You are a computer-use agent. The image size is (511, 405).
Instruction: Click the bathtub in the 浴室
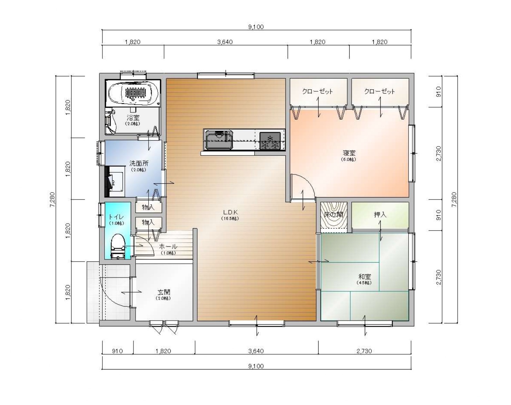click(133, 93)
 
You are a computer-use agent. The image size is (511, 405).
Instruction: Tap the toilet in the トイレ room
click(118, 246)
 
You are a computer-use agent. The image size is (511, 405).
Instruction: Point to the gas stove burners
click(270, 141)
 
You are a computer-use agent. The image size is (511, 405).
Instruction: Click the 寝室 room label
click(349, 153)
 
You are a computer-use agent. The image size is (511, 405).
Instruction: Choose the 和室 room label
click(364, 277)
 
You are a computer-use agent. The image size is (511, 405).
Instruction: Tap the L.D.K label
click(230, 212)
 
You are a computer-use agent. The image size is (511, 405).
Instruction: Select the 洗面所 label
click(139, 163)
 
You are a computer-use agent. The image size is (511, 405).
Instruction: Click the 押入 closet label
click(380, 215)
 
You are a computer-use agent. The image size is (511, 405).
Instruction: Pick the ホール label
click(168, 246)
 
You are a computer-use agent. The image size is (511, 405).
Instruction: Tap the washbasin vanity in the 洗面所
click(115, 181)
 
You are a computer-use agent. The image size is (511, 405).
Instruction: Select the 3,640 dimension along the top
click(225, 42)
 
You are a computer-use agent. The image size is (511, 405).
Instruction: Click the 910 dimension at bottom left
click(117, 351)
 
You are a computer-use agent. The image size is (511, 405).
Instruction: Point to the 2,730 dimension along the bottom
click(364, 351)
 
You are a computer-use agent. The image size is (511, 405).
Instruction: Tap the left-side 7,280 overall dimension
click(52, 200)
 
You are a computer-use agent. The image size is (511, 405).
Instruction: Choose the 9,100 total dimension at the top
click(256, 27)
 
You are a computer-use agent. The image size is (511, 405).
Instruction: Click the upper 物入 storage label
click(148, 207)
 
